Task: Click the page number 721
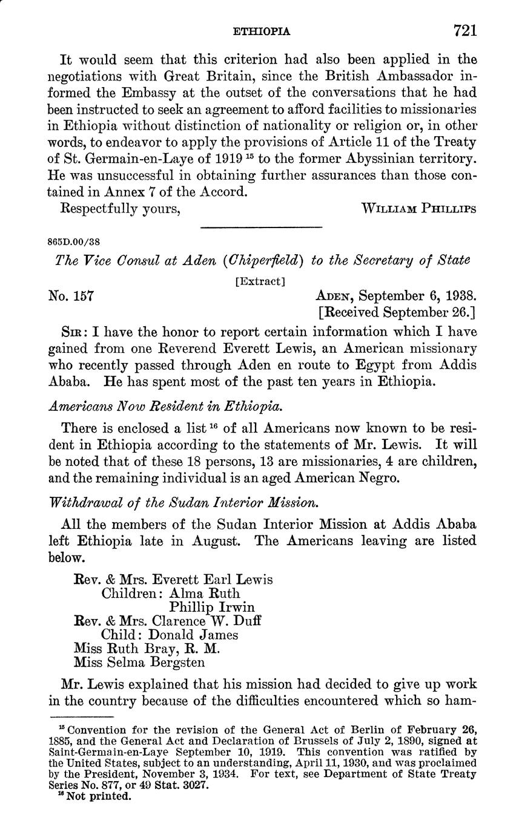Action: click(x=464, y=30)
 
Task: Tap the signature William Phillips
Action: click(x=418, y=209)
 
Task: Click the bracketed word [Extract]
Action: click(x=260, y=281)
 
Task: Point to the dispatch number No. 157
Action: click(x=70, y=296)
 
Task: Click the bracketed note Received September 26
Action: click(x=397, y=313)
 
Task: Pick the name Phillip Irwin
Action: click(x=212, y=607)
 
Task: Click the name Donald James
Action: click(x=193, y=635)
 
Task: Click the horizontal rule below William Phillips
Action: click(x=260, y=228)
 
